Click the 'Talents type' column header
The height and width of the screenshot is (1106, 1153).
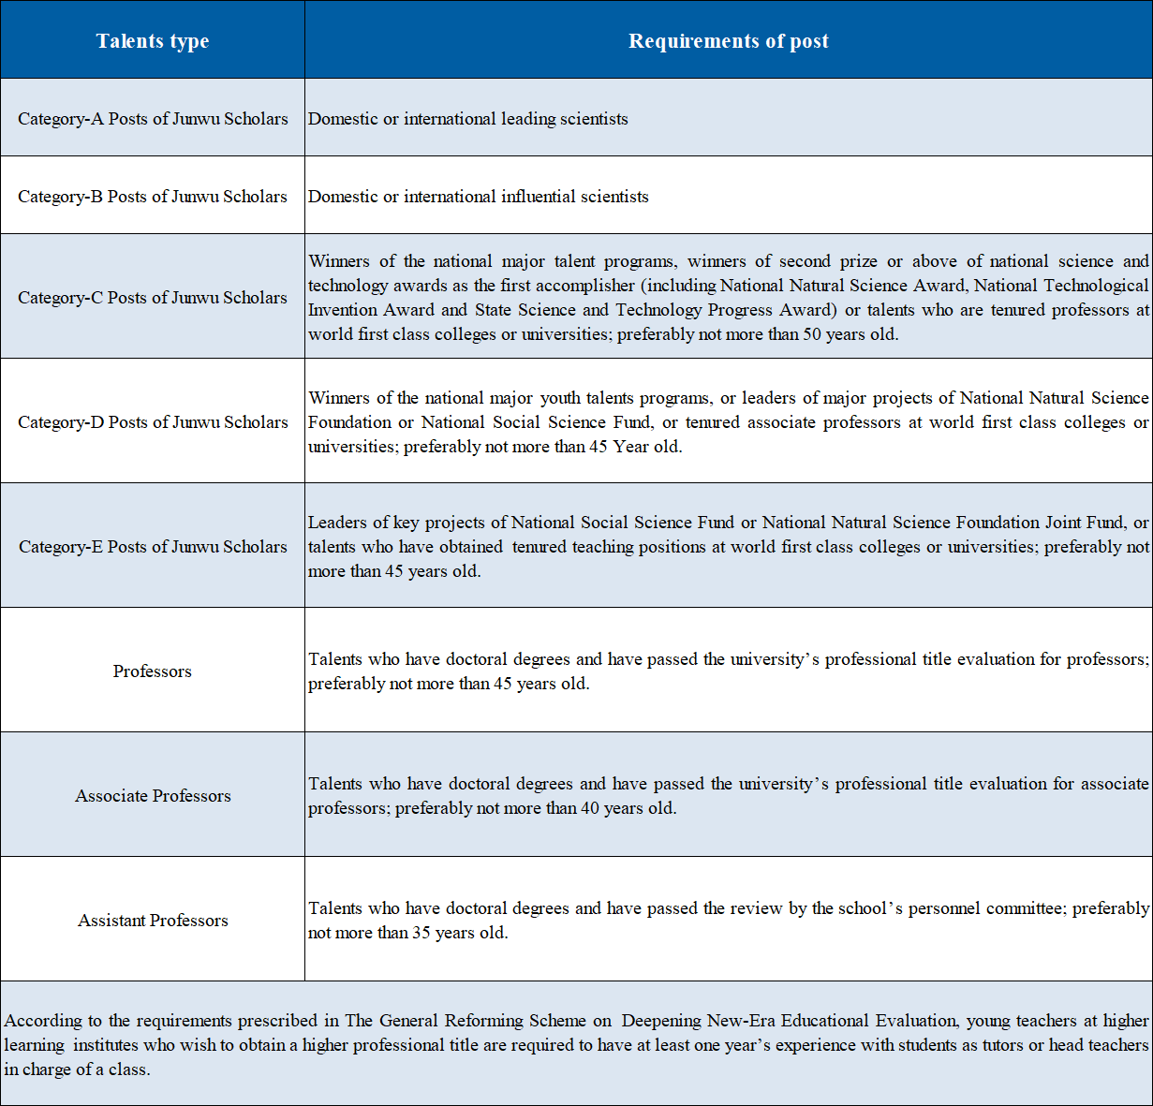click(x=153, y=41)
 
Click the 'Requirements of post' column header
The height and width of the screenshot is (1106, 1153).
click(x=728, y=41)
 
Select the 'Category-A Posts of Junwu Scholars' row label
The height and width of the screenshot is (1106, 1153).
click(x=153, y=119)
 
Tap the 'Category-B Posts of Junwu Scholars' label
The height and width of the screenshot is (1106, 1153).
click(x=153, y=197)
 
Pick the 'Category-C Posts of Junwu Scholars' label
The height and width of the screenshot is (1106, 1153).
click(x=153, y=298)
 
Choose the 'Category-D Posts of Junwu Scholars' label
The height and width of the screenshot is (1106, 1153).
click(x=153, y=422)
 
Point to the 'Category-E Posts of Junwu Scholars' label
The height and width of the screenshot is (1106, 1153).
click(x=153, y=547)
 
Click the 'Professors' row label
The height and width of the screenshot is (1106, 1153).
click(x=153, y=671)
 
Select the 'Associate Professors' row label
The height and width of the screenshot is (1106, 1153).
click(x=153, y=796)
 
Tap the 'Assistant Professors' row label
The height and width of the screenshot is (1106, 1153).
click(x=153, y=921)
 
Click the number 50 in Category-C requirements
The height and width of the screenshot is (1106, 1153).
click(x=812, y=334)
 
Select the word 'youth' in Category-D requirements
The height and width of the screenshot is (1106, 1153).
click(x=560, y=398)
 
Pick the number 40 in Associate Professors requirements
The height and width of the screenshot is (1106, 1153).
click(x=590, y=808)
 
